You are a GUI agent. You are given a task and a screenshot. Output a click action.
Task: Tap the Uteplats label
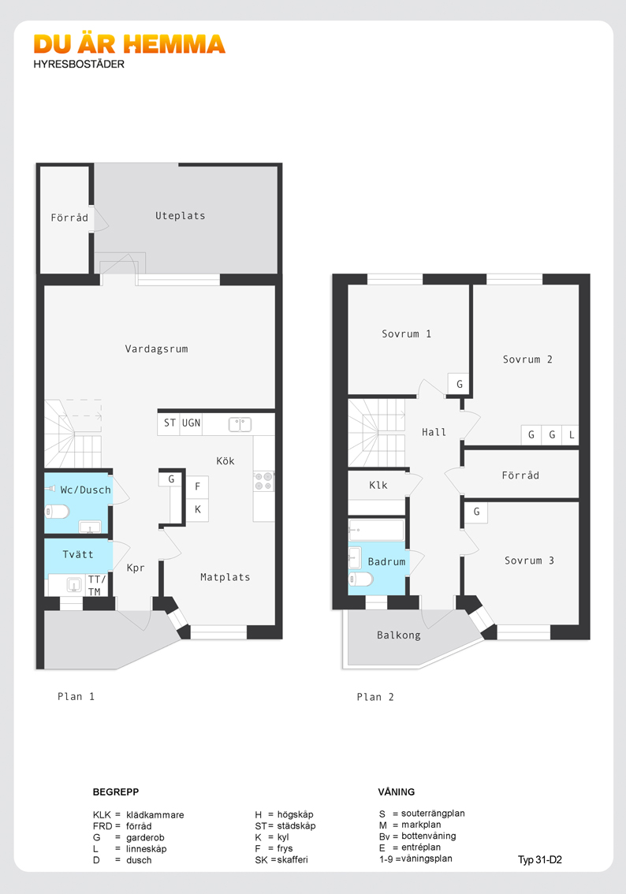tap(181, 215)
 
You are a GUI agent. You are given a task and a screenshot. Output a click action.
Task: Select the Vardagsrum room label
tap(156, 349)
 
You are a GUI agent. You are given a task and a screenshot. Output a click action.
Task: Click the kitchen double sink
tap(240, 424)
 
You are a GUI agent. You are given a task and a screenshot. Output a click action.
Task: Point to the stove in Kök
tap(263, 481)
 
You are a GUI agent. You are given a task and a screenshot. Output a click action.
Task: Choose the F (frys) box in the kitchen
tap(197, 487)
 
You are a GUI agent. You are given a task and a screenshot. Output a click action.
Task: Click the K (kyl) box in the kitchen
tap(197, 510)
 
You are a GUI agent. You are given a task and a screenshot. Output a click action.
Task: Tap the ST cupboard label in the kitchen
tap(170, 423)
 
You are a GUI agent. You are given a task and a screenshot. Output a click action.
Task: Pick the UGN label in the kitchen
tap(191, 423)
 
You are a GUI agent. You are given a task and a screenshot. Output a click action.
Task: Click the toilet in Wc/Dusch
tap(57, 512)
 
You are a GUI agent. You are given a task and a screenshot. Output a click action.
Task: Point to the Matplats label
tap(225, 577)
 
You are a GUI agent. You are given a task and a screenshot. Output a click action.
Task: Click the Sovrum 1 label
tap(407, 334)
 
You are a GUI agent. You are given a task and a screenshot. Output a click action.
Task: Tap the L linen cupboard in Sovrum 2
tap(572, 435)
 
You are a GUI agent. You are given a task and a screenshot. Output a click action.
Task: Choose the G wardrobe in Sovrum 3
tap(476, 512)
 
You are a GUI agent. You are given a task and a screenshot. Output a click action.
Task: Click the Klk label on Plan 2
tap(378, 485)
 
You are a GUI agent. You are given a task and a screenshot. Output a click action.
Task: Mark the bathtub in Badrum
tap(376, 530)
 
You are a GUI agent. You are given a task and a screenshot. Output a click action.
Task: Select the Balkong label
tap(398, 635)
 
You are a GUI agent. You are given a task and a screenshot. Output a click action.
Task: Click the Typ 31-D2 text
tap(540, 860)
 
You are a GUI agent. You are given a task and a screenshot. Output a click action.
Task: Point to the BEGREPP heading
tap(116, 792)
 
